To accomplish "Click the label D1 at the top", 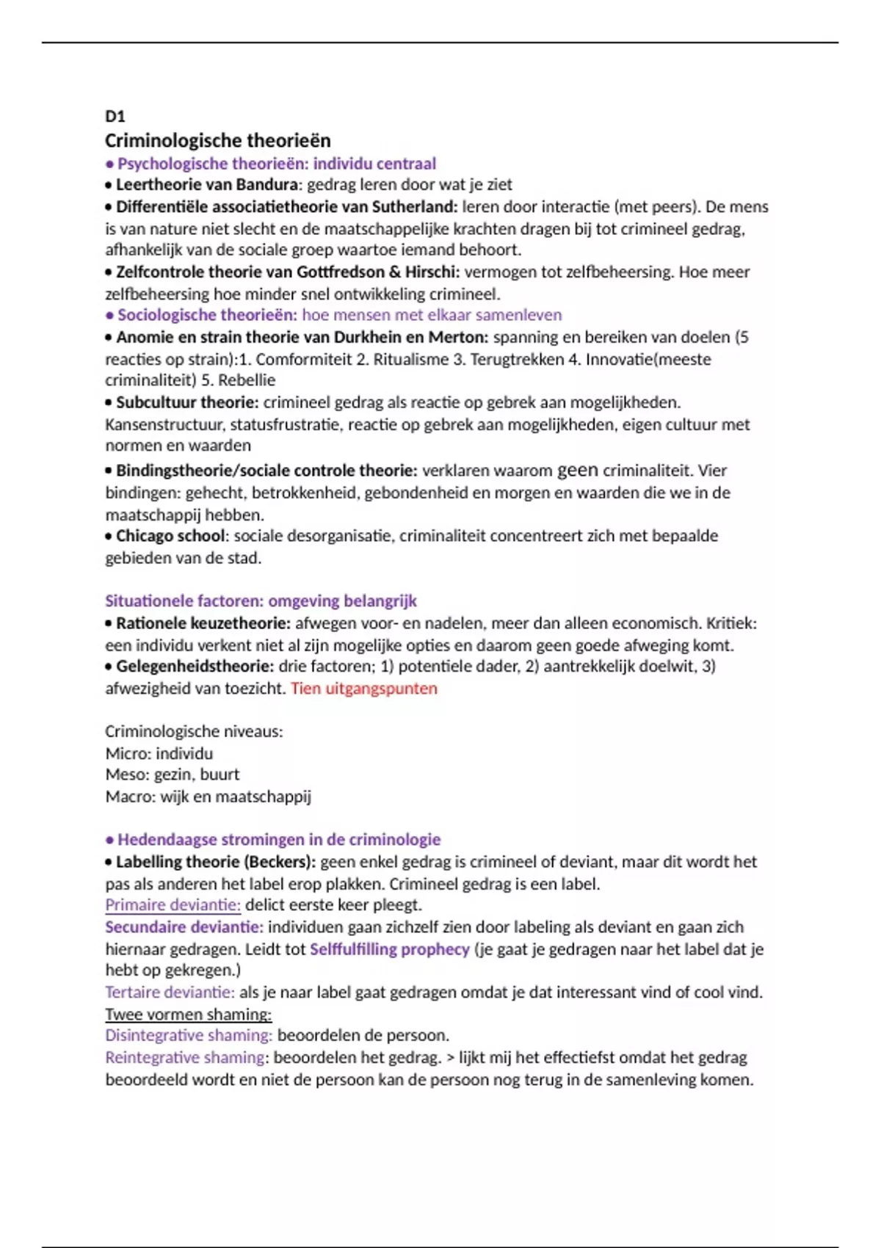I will coord(115,116).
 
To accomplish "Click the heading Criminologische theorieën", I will coord(217,140).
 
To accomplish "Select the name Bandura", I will coord(269,184).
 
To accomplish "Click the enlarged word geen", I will coord(578,470).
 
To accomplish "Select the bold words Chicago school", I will coord(170,536).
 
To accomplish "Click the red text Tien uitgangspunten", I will coord(363,689).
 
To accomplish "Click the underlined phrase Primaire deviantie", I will coord(173,905).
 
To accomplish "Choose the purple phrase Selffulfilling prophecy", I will coord(389,949).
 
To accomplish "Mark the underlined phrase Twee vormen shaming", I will coord(188,1015).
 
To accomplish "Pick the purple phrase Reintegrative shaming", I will coord(185,1058).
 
